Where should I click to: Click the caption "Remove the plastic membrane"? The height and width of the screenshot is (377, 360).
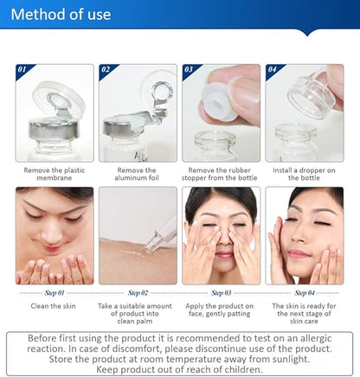point(54,176)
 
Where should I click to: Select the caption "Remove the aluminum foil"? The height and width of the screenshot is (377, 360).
point(137,176)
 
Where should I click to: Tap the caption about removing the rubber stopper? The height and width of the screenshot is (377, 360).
point(221,176)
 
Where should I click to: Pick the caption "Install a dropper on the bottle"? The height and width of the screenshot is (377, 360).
point(304,176)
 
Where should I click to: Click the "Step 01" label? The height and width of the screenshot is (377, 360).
point(54,293)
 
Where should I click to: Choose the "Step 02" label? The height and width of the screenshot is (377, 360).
point(137,293)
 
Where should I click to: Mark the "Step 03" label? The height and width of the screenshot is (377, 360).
point(221,293)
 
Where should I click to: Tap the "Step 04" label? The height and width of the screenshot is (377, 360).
point(304,293)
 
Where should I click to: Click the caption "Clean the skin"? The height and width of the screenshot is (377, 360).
point(54,307)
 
